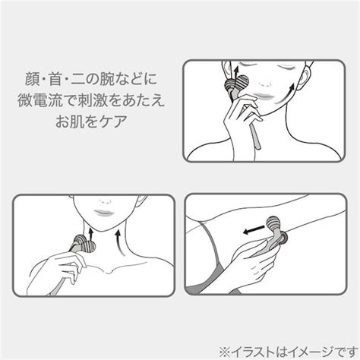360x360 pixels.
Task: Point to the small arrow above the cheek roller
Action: (230, 69)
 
